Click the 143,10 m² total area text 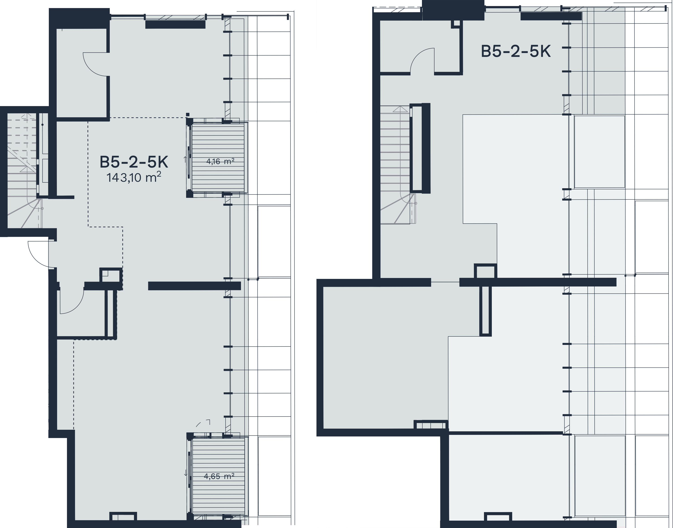coord(134,177)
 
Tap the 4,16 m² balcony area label coord(220,161)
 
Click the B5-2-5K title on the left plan coord(134,162)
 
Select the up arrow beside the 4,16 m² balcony coord(185,159)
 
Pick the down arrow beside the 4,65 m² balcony coord(186,473)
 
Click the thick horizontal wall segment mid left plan coord(194,286)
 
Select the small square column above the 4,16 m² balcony coord(188,114)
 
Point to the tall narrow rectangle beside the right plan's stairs coord(420,148)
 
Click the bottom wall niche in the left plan coord(123,516)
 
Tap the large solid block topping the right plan coord(453,10)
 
